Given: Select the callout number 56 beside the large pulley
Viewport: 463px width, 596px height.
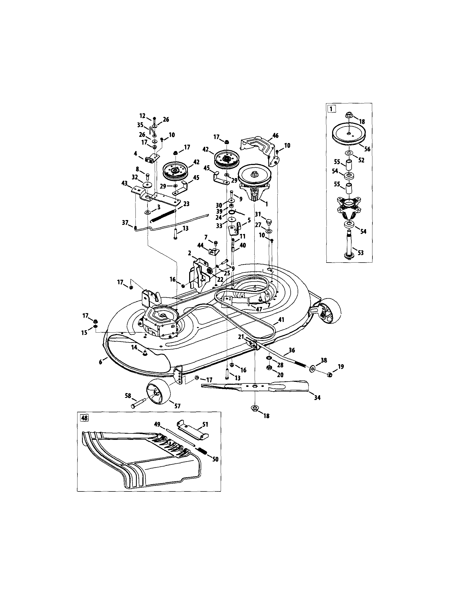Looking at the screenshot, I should (367, 149).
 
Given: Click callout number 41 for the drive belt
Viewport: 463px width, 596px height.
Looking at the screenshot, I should (281, 320).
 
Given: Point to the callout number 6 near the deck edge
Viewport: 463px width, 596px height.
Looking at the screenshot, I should (101, 362).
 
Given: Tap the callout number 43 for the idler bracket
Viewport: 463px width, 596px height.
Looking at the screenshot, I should (124, 184).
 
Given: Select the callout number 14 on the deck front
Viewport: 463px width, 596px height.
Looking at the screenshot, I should (134, 347).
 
